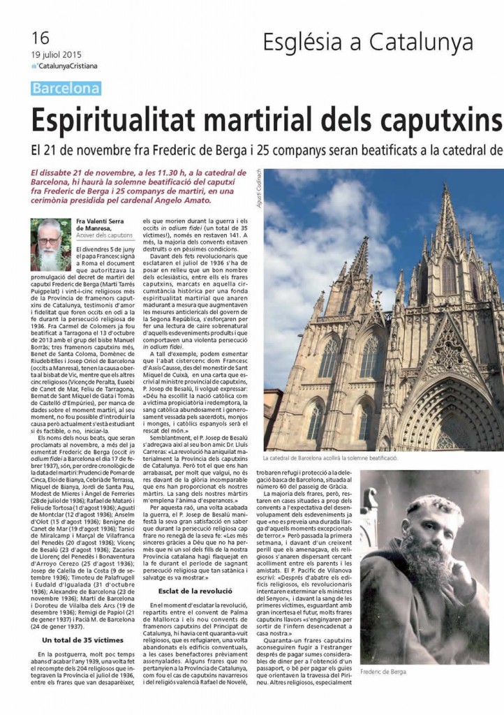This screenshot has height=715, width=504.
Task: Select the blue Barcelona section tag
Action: click(x=66, y=89)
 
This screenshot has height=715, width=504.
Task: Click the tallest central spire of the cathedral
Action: click(x=447, y=230)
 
